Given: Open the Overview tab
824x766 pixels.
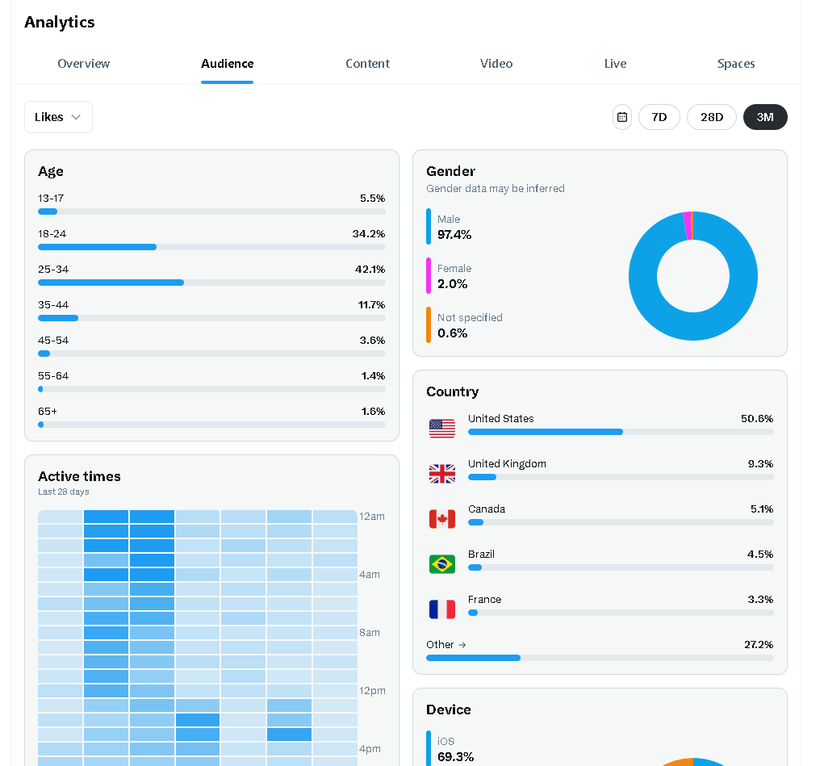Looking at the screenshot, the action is click(x=84, y=64).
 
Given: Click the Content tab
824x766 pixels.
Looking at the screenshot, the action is click(x=367, y=64).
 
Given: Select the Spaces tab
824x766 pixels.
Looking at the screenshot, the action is click(x=736, y=64).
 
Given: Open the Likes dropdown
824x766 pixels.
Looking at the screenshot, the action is click(x=58, y=117).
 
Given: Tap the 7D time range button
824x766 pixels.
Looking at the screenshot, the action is click(x=659, y=117).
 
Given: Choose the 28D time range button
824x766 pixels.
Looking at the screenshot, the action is click(x=712, y=117).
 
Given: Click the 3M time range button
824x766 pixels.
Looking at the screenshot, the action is click(x=765, y=117).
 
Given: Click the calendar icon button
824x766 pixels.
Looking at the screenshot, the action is click(x=622, y=117).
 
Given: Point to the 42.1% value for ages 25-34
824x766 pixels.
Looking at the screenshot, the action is click(x=370, y=269).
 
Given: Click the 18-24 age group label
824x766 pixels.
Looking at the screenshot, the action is click(x=52, y=233).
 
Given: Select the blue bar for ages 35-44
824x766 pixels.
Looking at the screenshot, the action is click(x=58, y=318).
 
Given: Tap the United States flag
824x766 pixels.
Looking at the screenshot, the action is click(x=442, y=429).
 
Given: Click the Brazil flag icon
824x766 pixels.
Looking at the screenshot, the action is click(x=442, y=564).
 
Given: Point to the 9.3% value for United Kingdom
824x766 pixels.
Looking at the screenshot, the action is click(x=760, y=463).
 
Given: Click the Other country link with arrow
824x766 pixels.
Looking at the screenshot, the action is click(x=446, y=645).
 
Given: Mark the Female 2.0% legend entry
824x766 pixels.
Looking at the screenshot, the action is click(x=454, y=277).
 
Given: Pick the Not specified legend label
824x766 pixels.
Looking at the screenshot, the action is click(x=470, y=317).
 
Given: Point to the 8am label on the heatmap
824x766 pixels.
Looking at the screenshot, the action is click(x=370, y=633).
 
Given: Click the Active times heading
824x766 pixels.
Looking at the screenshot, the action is click(x=79, y=476).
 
